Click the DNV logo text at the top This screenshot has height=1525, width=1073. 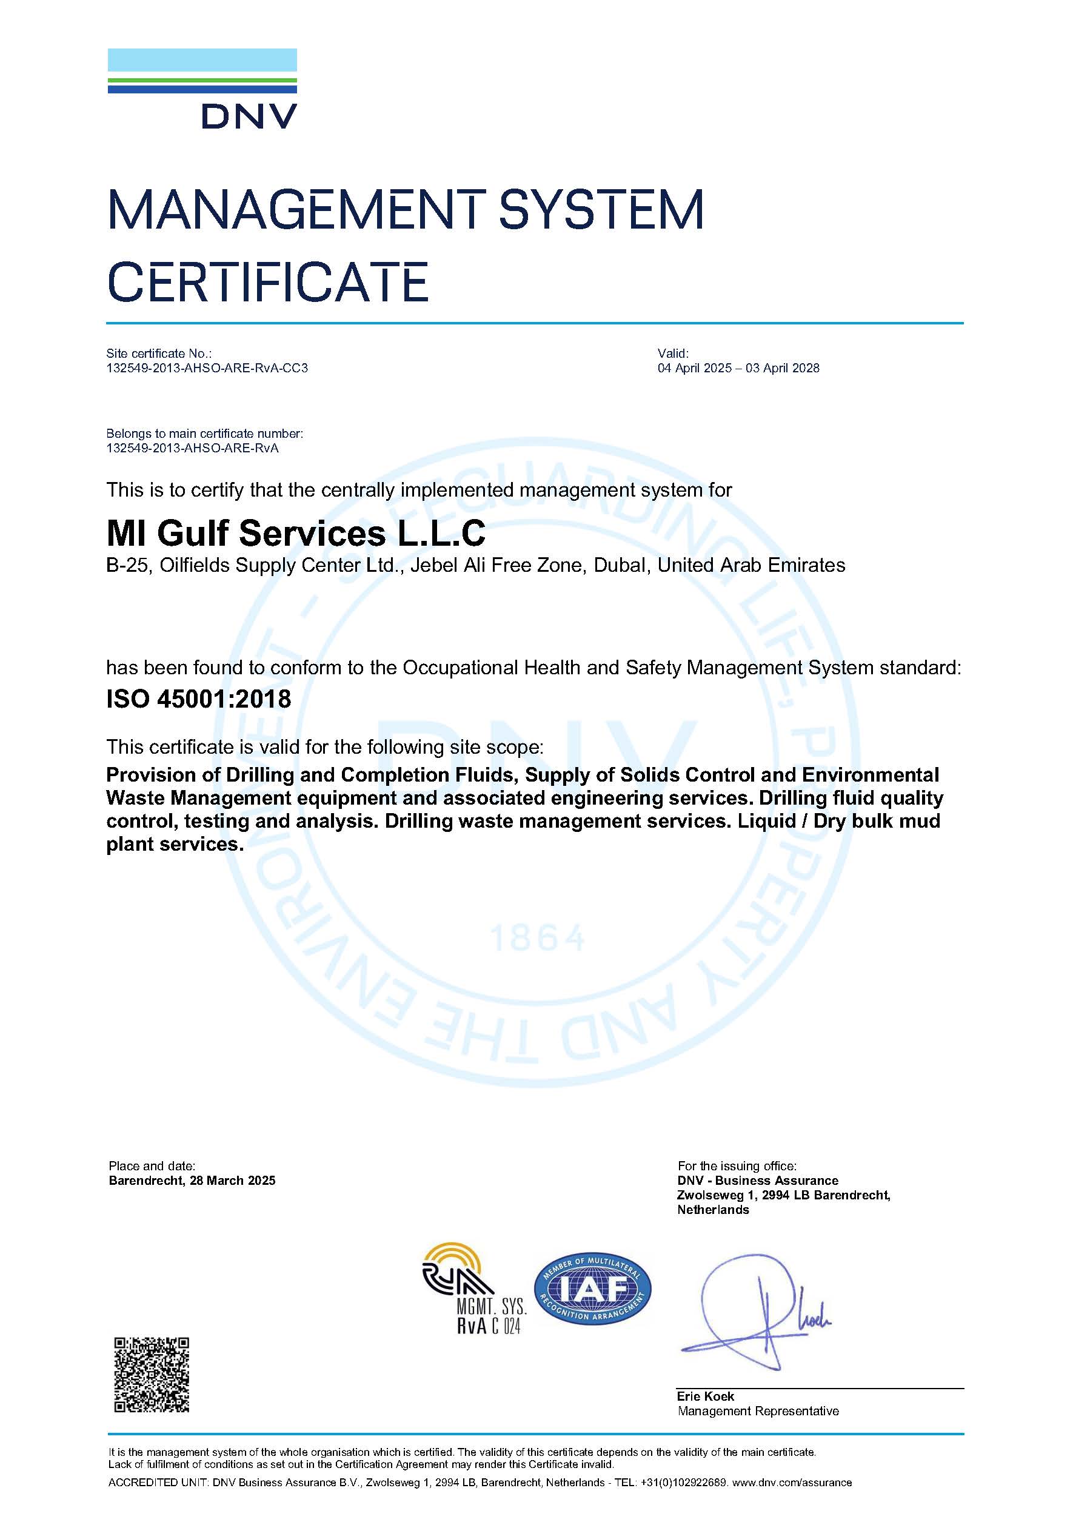249,117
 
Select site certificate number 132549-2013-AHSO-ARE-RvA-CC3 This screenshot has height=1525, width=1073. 207,368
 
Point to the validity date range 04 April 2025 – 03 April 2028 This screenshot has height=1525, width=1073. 738,368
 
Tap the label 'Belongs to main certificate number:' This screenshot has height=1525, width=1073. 204,434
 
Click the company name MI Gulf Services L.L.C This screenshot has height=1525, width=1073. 296,534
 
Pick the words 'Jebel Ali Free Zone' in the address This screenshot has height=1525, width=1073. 497,565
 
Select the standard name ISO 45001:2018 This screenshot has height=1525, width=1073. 198,699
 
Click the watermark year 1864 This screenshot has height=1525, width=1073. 537,938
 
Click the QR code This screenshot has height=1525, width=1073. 152,1374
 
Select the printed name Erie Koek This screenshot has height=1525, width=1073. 705,1396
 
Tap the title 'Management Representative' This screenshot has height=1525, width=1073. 758,1411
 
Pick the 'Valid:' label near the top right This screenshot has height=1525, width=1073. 673,354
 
